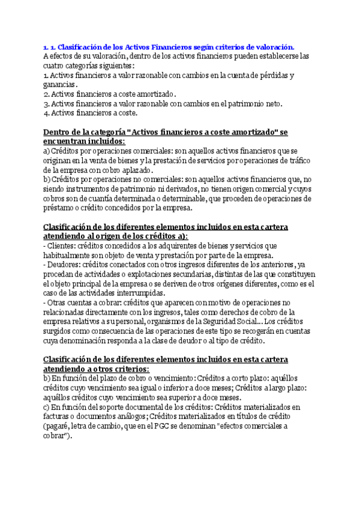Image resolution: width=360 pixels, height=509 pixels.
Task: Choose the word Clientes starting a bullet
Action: [64, 245]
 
